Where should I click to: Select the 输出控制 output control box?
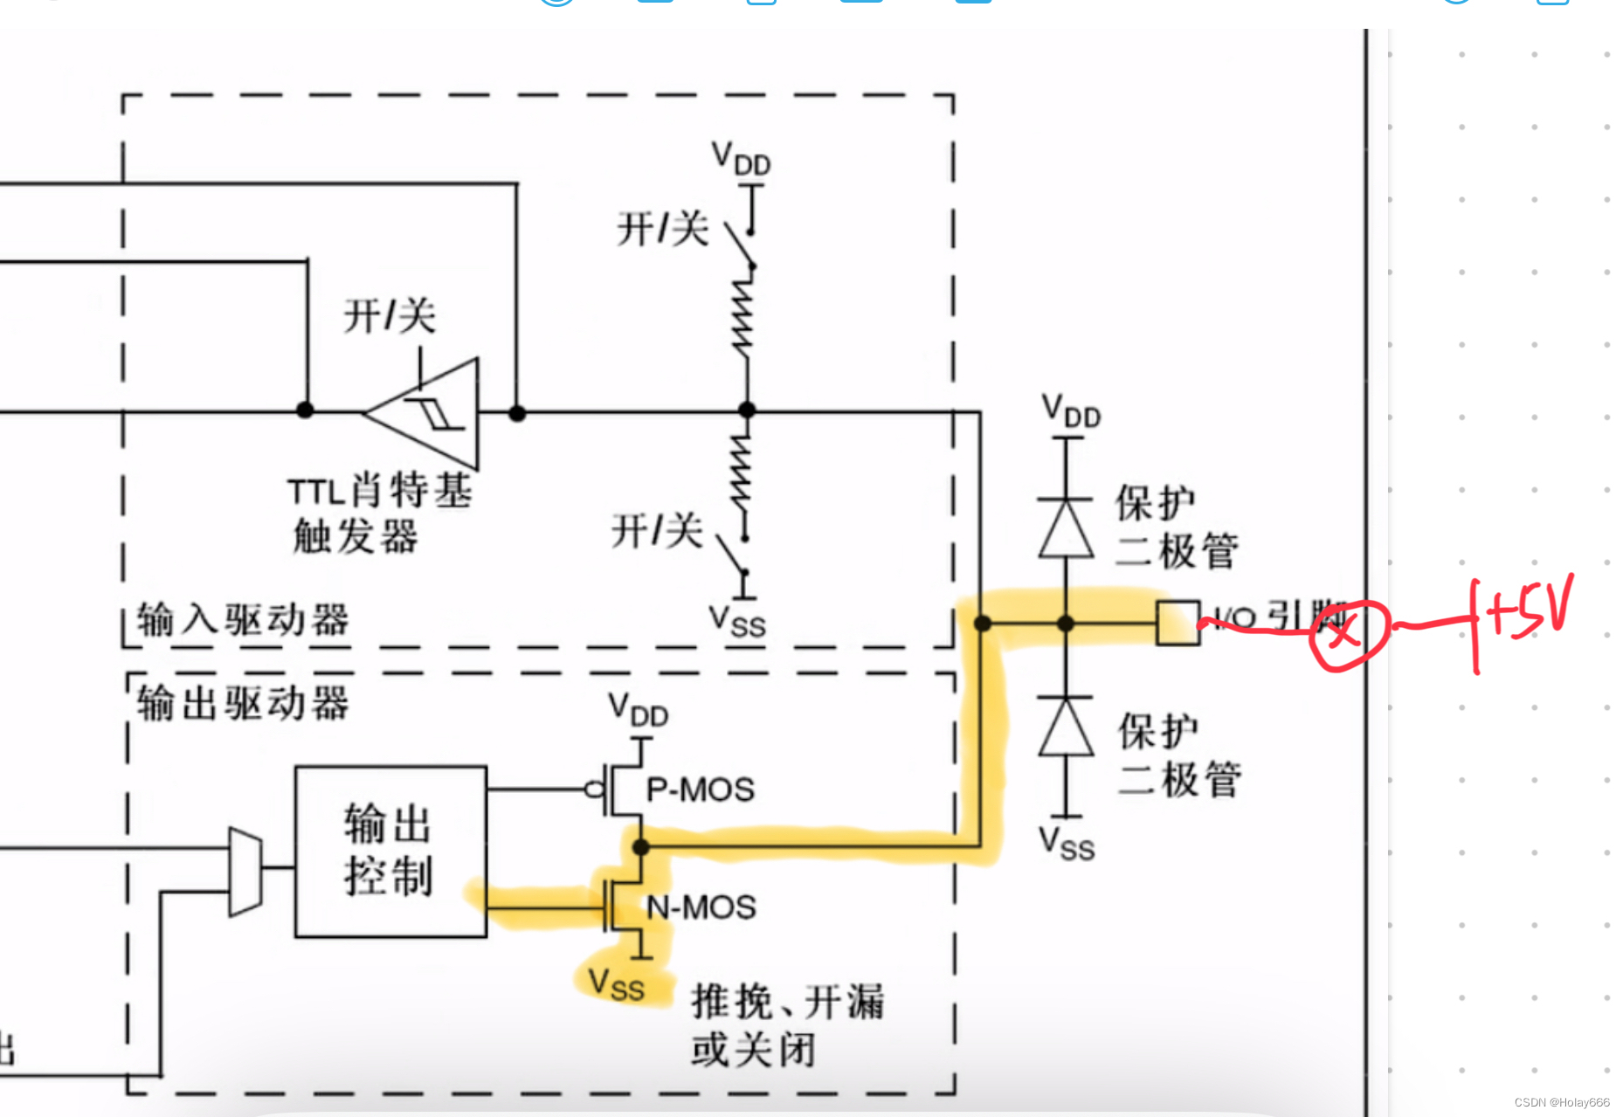click(390, 851)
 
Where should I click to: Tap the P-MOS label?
click(701, 789)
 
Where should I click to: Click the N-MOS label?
click(701, 907)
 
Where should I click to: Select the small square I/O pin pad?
click(1178, 623)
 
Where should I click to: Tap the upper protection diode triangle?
click(1066, 529)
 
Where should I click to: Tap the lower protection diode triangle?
click(1066, 727)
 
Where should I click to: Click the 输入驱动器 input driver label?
click(243, 620)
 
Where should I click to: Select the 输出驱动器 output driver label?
click(243, 703)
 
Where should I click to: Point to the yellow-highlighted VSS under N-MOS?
click(617, 984)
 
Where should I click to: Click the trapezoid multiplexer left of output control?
click(245, 871)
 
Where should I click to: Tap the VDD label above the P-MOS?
click(639, 709)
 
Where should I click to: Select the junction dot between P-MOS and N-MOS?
click(640, 846)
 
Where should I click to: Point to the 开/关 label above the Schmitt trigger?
click(390, 315)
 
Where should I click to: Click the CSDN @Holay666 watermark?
click(1562, 1102)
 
